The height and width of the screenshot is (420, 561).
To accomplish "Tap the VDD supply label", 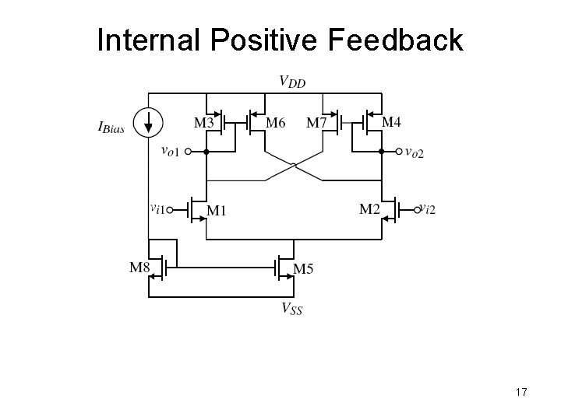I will coord(292,81).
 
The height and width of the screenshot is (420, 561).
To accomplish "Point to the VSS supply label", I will coord(292,309).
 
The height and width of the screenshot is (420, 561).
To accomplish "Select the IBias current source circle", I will coord(148,121).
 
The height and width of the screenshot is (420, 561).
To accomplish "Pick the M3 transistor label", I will coord(204,122).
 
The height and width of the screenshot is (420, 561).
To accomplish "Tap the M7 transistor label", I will coord(316,122).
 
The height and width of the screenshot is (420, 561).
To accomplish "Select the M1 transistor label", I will coord(217,212).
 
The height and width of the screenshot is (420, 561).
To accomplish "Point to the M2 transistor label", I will coord(369,208).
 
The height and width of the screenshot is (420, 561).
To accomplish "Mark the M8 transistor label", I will coord(138,268).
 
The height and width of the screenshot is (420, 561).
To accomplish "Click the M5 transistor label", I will coord(304,269).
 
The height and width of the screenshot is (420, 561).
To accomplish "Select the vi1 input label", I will coord(159,208).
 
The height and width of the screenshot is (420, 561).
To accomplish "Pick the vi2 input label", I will coord(428,208).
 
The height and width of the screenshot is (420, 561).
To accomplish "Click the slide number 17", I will coord(520,393).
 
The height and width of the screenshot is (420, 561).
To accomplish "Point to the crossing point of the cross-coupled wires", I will coord(294,165).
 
